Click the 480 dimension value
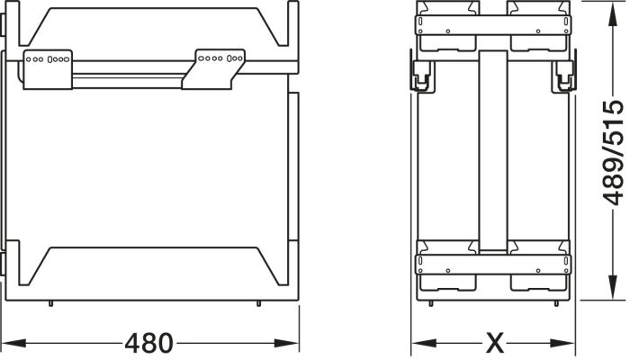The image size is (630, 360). pyautogui.click(x=148, y=344)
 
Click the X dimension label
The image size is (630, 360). pyautogui.click(x=494, y=344)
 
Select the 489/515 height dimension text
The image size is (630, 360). pyautogui.click(x=613, y=153)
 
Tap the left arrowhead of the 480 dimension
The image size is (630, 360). pyautogui.click(x=13, y=344)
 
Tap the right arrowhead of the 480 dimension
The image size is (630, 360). pyautogui.click(x=286, y=344)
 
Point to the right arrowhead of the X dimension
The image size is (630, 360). pyautogui.click(x=562, y=344)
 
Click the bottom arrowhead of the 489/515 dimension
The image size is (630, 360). pyautogui.click(x=612, y=287)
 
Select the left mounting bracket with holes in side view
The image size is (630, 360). pyautogui.click(x=48, y=69)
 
